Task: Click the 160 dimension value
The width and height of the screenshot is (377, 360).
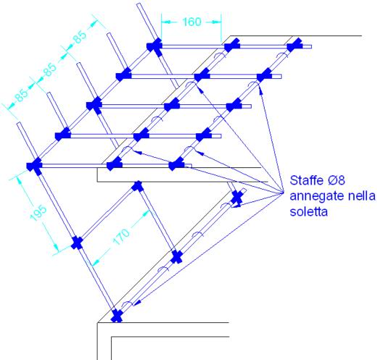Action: (192, 22)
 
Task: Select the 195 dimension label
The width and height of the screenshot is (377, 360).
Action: (38, 213)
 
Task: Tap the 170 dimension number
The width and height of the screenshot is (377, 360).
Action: (121, 237)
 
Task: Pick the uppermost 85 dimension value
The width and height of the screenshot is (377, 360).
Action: (80, 37)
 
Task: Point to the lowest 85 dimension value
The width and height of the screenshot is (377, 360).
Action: (21, 96)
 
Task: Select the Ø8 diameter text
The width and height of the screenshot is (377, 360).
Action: (336, 180)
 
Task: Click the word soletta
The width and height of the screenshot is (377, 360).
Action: (309, 212)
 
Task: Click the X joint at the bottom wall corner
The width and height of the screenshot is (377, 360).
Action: (117, 316)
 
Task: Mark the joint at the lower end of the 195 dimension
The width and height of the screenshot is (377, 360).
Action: (77, 243)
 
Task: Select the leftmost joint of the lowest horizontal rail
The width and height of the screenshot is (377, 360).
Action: (34, 166)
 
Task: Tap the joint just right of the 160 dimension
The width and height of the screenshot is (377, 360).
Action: (232, 45)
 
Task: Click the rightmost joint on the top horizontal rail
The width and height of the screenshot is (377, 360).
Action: (294, 45)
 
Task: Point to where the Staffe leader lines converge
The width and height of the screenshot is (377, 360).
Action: (283, 193)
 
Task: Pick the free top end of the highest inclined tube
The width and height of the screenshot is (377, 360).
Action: (138, 4)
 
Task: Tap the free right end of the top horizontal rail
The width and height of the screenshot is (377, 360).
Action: (310, 46)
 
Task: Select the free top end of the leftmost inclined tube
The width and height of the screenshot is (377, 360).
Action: (19, 124)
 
